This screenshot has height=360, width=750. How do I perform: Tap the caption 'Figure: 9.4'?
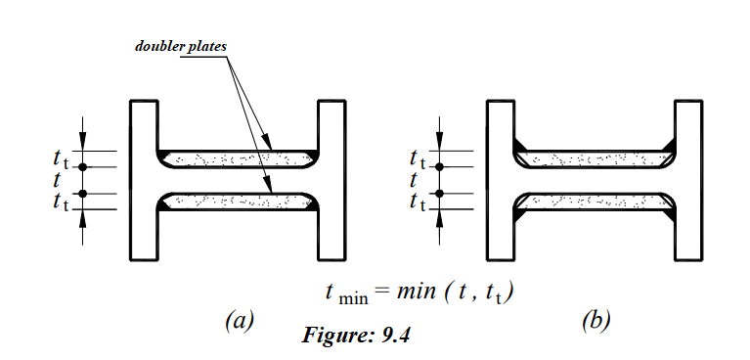(x=357, y=337)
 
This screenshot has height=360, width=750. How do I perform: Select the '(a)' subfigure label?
(x=239, y=320)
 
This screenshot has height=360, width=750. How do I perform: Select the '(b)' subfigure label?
(x=595, y=320)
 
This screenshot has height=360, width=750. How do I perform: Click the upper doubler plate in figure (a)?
(x=238, y=158)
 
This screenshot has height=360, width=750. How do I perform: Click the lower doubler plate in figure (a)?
(x=238, y=202)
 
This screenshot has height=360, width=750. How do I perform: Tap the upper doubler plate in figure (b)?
(x=595, y=158)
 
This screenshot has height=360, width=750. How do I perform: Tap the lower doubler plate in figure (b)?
(x=595, y=202)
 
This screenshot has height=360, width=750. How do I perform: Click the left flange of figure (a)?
(x=144, y=180)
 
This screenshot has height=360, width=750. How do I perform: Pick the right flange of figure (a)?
(x=331, y=180)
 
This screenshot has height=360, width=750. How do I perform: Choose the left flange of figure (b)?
(x=501, y=180)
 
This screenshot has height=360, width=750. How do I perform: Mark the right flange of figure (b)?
(x=688, y=180)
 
